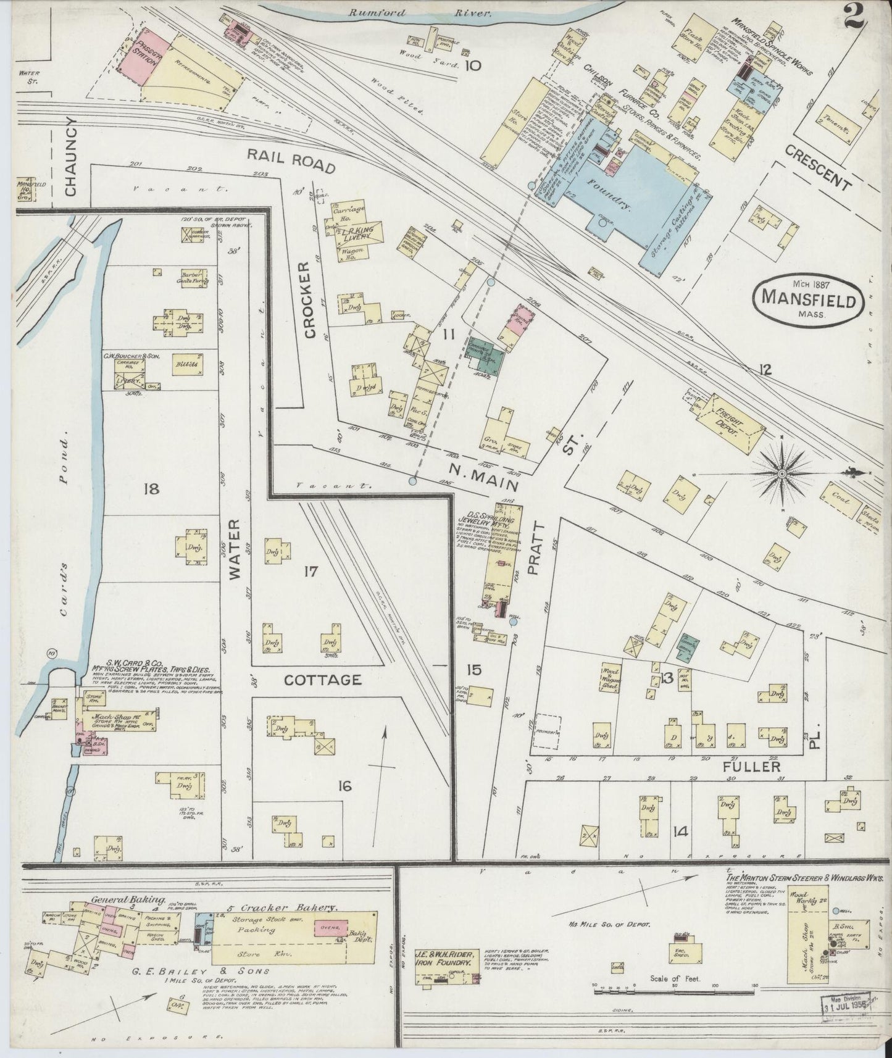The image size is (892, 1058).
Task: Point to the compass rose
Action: click(x=781, y=473)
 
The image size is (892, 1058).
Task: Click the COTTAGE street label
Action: click(x=322, y=680)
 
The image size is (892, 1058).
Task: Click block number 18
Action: click(x=151, y=489)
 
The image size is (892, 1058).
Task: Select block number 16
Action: click(x=344, y=786)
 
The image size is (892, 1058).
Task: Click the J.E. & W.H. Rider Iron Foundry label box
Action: click(x=446, y=962)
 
